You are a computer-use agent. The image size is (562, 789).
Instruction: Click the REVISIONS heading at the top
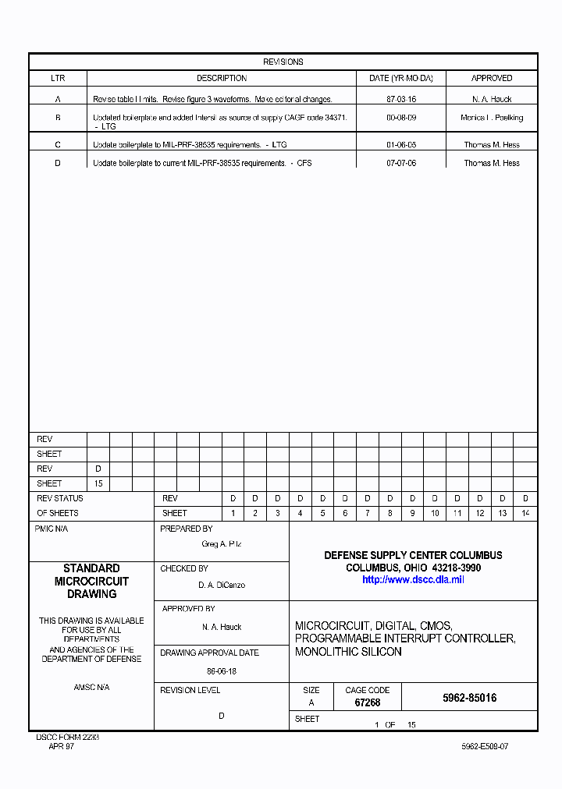(x=283, y=62)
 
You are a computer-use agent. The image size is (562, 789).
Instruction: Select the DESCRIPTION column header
(x=222, y=78)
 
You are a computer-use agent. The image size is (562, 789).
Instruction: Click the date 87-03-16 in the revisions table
(x=401, y=100)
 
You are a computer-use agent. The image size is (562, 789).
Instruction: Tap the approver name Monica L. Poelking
(x=492, y=118)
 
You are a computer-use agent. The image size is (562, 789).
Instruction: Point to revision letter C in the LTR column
(x=58, y=145)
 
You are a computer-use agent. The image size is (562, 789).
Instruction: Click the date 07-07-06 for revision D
(x=401, y=164)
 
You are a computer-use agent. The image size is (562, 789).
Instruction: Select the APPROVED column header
(x=492, y=78)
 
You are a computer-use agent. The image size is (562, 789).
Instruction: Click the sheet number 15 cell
(x=98, y=483)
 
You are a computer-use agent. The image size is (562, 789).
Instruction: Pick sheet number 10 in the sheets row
(x=435, y=513)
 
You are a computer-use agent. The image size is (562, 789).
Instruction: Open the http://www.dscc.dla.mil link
(x=413, y=580)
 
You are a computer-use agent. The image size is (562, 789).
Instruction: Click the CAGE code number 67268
(x=367, y=702)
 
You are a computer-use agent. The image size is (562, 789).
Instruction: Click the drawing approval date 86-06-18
(x=222, y=670)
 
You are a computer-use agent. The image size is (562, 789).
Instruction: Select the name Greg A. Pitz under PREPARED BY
(x=222, y=543)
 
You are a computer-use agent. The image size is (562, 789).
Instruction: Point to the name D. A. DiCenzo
(x=222, y=585)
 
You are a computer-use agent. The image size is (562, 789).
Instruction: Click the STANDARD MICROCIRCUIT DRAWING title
(x=91, y=581)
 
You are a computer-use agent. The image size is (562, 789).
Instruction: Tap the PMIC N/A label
(x=52, y=529)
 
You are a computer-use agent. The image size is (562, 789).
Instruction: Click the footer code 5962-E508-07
(x=485, y=746)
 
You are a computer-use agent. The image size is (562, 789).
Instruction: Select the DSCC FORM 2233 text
(x=68, y=737)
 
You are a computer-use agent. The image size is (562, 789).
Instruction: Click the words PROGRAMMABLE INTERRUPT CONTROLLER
(x=404, y=639)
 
